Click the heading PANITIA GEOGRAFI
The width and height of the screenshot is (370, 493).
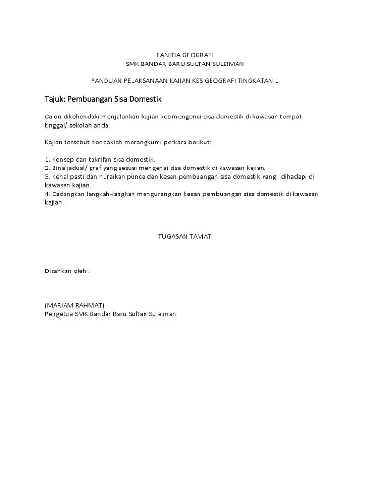[185, 55]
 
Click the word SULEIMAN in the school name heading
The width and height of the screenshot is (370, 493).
[228, 64]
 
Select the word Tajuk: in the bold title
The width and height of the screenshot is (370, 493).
[55, 99]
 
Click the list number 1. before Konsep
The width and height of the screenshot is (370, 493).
[47, 159]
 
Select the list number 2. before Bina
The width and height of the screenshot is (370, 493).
[47, 168]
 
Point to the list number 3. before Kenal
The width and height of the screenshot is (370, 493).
[47, 177]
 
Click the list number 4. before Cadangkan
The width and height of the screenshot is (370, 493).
[47, 194]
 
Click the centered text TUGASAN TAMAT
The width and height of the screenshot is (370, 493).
[185, 237]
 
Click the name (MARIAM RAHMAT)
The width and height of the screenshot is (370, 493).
[74, 306]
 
